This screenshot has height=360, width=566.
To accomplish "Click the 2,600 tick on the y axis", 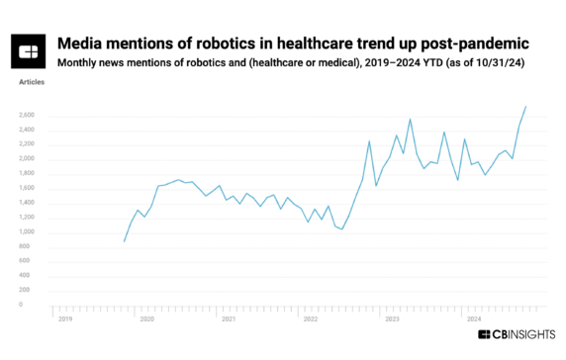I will (x=26, y=115).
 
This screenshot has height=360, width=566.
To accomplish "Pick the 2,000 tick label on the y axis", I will (x=26, y=158).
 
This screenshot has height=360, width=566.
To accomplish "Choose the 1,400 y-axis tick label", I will (x=26, y=203).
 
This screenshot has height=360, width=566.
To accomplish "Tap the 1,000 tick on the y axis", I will (x=26, y=232).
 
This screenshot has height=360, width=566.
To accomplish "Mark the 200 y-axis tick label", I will (x=29, y=291).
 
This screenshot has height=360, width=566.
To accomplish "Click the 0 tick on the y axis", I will (x=33, y=306).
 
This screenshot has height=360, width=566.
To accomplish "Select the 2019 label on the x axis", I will (x=65, y=319).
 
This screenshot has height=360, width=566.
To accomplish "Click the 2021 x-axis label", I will (x=229, y=319).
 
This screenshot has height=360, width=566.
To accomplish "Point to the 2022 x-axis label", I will (x=311, y=319).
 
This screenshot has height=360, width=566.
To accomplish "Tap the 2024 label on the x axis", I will (x=474, y=319).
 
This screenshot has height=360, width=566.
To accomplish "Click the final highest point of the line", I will (x=525, y=106).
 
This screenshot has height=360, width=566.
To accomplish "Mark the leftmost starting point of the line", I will (x=124, y=240).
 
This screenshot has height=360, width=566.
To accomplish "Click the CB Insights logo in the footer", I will (x=517, y=336).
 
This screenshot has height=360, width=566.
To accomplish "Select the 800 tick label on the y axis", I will (x=29, y=247).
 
